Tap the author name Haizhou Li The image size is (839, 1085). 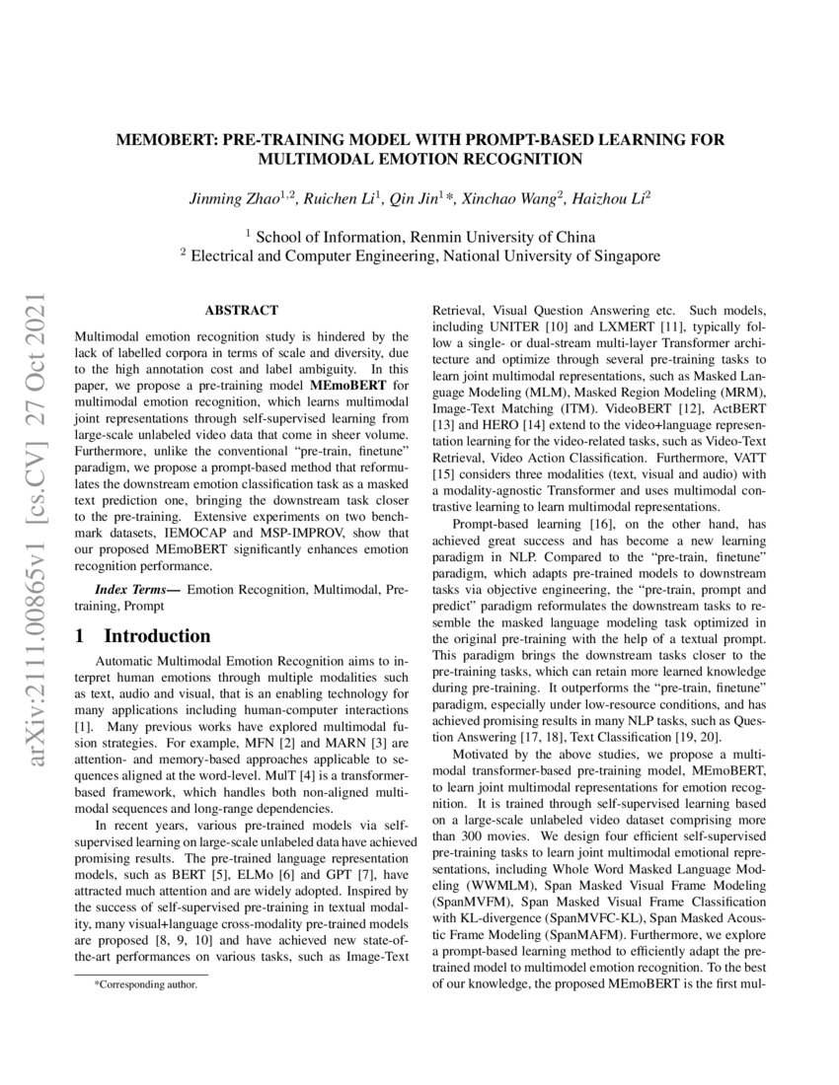[610, 197]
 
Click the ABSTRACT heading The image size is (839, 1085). [241, 310]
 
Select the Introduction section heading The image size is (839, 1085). [157, 636]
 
